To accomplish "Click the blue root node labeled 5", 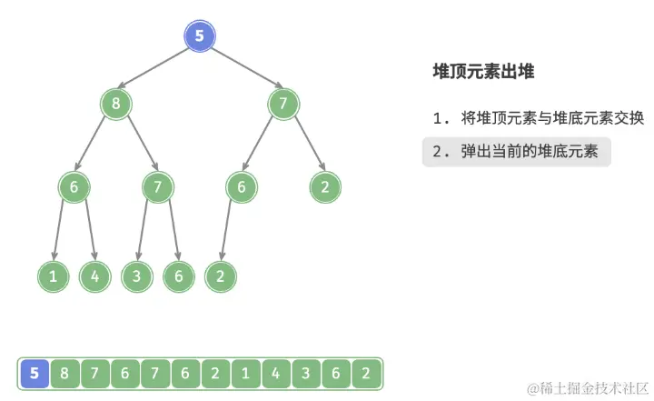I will (200, 37).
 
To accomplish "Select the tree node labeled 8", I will (115, 104).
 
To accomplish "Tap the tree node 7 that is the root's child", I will (283, 104).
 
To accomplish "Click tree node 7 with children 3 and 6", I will (158, 187).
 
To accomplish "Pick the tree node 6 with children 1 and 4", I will (74, 187).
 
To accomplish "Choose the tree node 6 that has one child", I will (242, 187).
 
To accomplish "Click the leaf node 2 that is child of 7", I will (325, 187).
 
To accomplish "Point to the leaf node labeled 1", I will (53, 276).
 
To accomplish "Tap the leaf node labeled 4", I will (94, 276).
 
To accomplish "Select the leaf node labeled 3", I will (137, 276).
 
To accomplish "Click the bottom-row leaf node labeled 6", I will (179, 276).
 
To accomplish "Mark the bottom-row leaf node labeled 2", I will (221, 276).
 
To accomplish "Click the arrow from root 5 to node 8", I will (158, 70).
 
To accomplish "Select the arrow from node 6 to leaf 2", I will (231, 232).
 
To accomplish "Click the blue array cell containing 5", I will (35, 373).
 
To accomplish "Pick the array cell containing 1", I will (244, 373).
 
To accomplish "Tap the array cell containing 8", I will (64, 373).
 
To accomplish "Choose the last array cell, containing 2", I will (364, 373).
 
